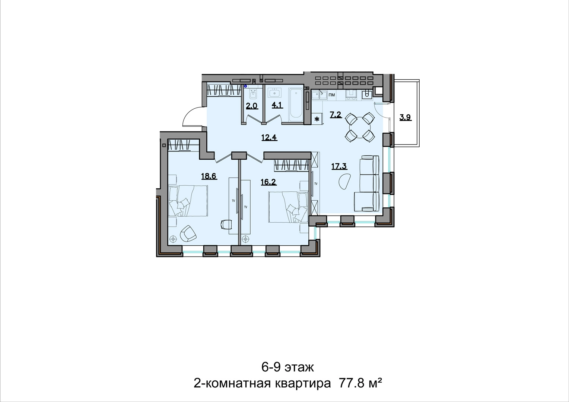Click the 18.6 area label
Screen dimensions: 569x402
(209, 176)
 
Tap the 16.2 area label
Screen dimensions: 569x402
(269, 182)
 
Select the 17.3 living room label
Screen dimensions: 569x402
(339, 166)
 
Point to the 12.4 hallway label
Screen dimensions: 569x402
(269, 137)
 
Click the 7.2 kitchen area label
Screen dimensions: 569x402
(336, 115)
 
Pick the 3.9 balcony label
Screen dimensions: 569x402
(406, 118)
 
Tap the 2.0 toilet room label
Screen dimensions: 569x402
(252, 106)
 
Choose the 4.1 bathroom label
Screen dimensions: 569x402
(277, 105)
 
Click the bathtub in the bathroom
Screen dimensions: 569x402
(296, 105)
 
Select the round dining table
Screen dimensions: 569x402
(360, 127)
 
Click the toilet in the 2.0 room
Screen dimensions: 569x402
(253, 95)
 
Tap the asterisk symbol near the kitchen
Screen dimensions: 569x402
(317, 119)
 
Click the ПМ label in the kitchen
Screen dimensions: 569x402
(332, 95)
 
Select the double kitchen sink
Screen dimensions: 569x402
(319, 96)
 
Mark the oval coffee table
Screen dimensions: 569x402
(344, 181)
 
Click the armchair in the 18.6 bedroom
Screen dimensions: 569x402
(188, 234)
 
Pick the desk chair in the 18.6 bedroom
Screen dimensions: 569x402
(226, 224)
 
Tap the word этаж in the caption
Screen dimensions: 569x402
(299, 374)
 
